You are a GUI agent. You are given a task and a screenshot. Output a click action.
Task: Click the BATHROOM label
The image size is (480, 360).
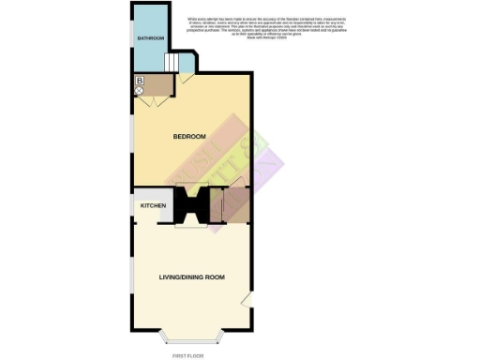coord(151,38)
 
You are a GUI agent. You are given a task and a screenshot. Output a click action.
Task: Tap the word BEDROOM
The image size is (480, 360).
coord(189,137)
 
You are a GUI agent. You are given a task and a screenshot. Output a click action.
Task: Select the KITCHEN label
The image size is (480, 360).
coord(153,204)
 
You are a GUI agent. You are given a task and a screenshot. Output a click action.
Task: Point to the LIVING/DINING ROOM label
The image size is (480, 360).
coord(191,277)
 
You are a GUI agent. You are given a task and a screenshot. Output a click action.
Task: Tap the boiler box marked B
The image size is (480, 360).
coord(140,82)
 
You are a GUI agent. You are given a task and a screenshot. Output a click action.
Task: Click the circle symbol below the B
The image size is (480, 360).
coord(140,92)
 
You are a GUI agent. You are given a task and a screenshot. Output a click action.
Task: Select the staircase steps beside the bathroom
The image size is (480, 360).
coord(172,63)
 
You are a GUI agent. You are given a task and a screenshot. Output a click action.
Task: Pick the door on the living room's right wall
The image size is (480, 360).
coord(246,299)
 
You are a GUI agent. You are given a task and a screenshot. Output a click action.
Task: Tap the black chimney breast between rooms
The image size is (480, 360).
coord(195,203)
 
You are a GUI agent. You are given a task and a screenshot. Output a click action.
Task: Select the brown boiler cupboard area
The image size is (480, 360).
coord(158,86)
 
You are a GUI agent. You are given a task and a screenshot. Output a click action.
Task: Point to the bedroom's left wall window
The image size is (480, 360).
coord(131,136)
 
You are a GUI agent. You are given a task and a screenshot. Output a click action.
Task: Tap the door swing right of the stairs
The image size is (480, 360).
coord(187,80)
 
